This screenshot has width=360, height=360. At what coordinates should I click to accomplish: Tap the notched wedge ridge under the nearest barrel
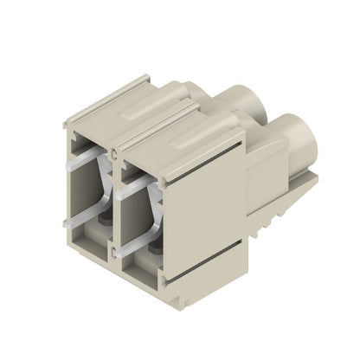click(281, 203)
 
